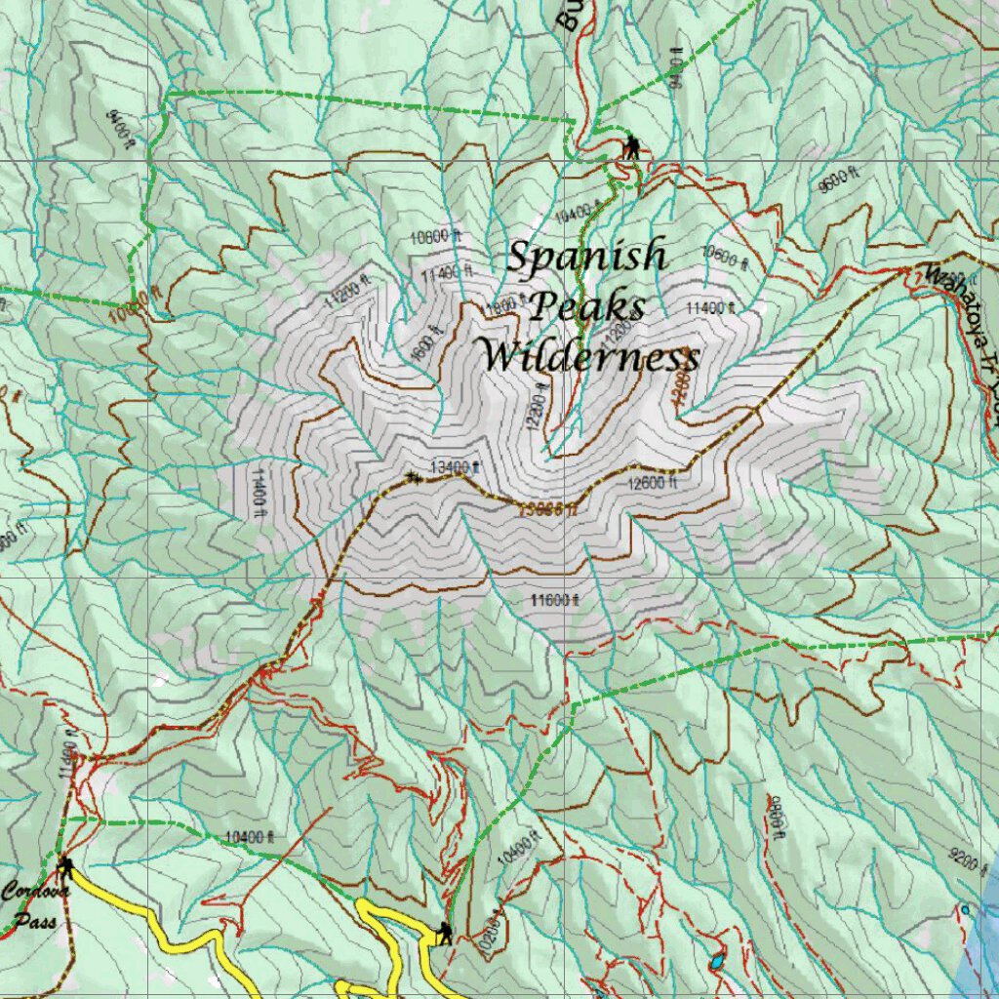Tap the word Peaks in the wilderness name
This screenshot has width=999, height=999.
tap(587, 306)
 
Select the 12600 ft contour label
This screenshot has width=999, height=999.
tap(652, 482)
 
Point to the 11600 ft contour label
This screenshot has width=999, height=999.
tap(555, 600)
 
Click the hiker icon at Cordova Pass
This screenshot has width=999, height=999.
tap(66, 866)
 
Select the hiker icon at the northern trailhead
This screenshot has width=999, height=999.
tap(631, 147)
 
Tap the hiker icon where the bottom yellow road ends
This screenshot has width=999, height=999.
tap(444, 933)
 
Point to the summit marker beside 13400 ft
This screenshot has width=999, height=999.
tap(413, 476)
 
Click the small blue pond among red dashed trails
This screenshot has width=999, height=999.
tap(718, 960)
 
